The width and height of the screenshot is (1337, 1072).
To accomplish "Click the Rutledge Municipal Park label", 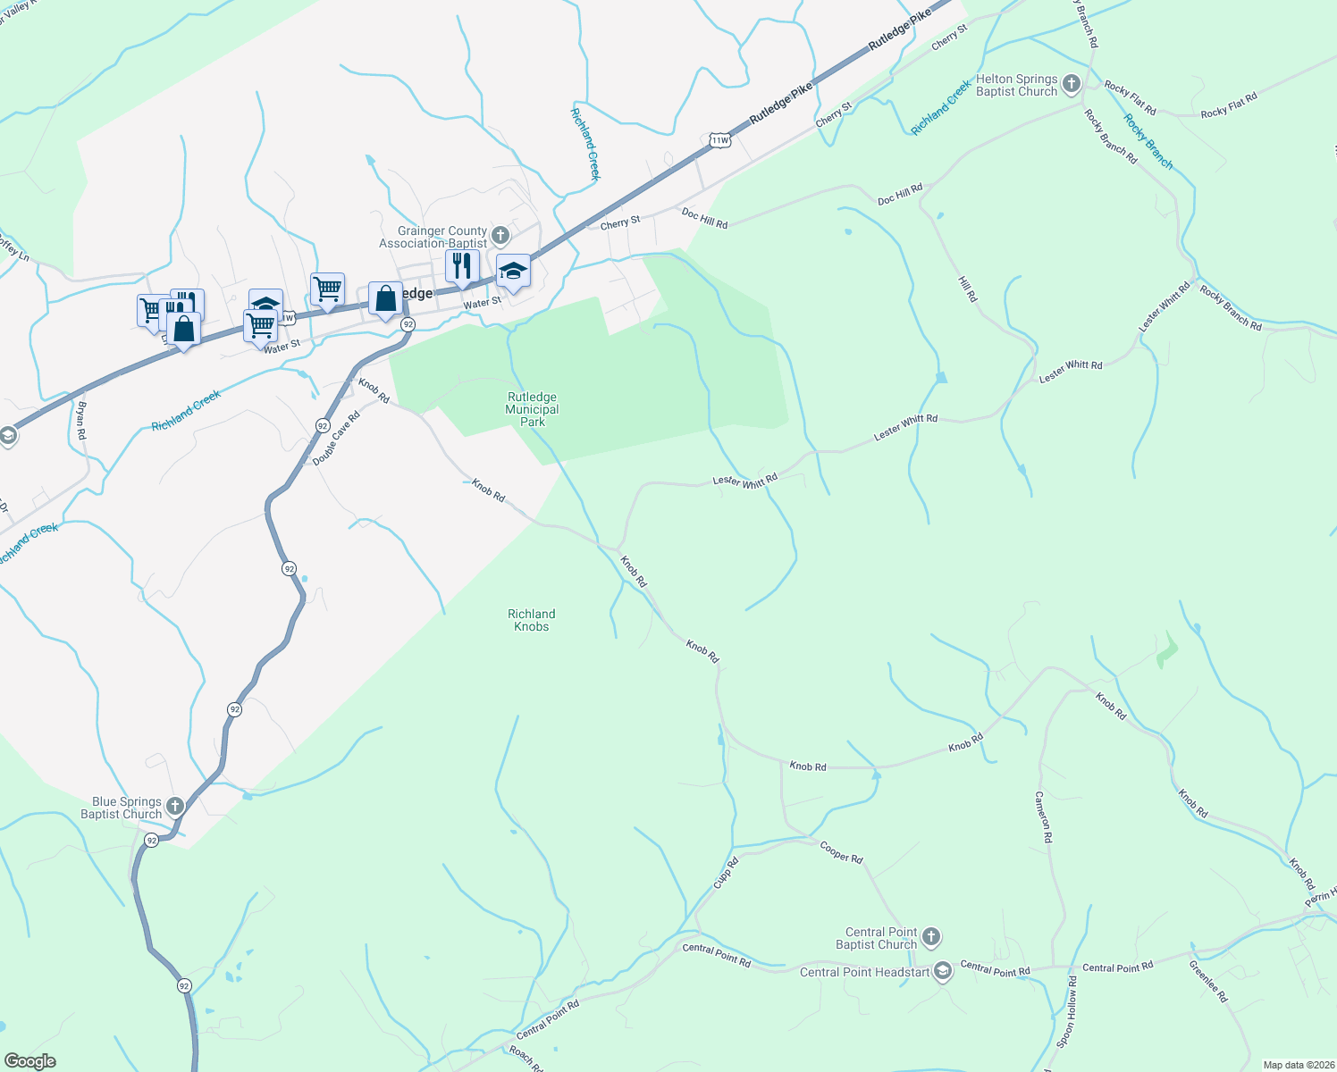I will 532,409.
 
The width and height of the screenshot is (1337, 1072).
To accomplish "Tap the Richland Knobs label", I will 532,620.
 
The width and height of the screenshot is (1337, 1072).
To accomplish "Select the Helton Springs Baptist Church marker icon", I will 1071,85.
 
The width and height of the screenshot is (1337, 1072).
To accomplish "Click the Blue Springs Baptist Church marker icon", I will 175,807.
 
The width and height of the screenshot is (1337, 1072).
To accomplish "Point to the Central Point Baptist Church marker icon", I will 931,937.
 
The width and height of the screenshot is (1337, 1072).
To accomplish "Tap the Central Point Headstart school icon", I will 942,972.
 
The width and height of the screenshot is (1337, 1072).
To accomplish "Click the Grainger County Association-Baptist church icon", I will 500,236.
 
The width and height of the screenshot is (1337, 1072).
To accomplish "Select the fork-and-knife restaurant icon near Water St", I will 462,266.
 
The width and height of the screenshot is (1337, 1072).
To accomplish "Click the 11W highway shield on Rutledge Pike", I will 719,140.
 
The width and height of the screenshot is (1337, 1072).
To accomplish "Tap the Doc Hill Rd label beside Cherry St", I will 704,218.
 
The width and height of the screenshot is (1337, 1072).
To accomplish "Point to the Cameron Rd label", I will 1044,817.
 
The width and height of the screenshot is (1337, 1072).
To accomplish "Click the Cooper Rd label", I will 841,852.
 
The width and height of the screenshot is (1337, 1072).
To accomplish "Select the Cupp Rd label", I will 726,872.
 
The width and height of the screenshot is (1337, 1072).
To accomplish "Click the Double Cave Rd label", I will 336,438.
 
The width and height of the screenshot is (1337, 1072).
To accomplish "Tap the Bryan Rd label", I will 81,420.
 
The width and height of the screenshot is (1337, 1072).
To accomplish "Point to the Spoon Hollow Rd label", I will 1066,1011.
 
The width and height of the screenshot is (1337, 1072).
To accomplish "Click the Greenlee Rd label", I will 1208,981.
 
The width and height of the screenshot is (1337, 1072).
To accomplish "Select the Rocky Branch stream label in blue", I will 1148,141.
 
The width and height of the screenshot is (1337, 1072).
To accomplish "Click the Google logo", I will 29,1061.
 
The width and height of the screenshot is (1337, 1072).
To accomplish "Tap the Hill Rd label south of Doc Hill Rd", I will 968,289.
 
